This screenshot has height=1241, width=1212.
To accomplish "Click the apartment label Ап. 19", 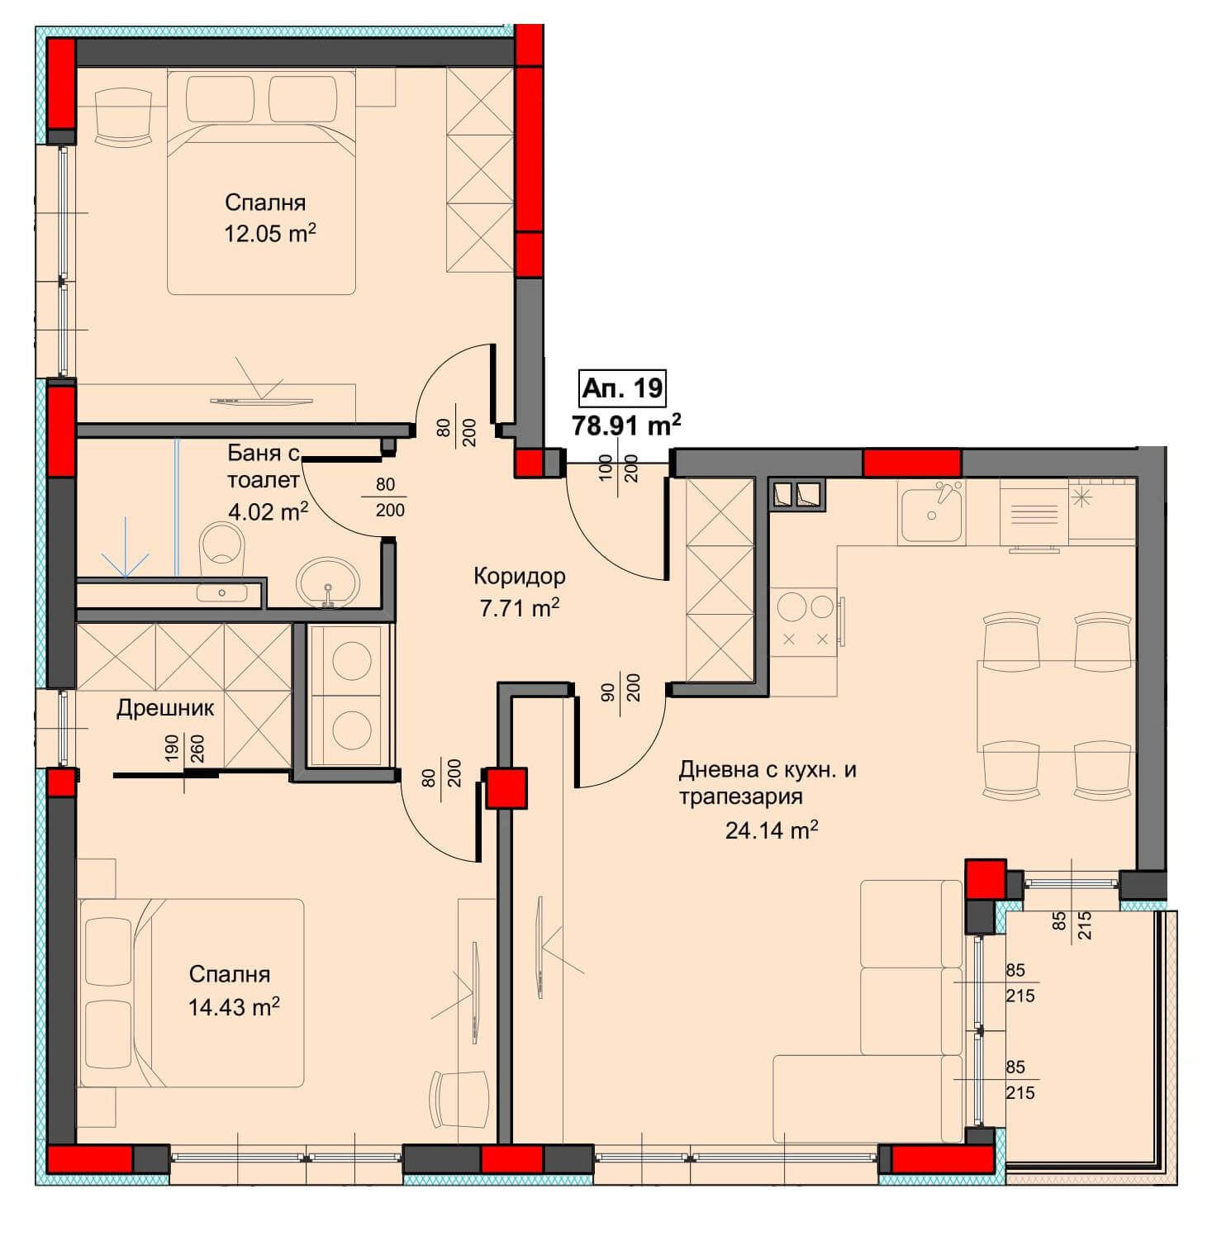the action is pyautogui.click(x=622, y=387).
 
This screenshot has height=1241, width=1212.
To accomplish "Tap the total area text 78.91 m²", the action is pyautogui.click(x=627, y=425).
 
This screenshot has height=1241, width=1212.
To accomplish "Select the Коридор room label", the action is pyautogui.click(x=520, y=575).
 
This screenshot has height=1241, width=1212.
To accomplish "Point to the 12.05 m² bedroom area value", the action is pyautogui.click(x=270, y=233).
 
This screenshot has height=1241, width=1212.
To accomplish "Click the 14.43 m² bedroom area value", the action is pyautogui.click(x=234, y=1006).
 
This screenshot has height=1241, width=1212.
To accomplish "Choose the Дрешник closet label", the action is pyautogui.click(x=165, y=708).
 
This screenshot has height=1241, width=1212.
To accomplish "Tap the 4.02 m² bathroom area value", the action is pyautogui.click(x=268, y=511).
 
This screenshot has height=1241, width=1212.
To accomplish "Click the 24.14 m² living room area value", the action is pyautogui.click(x=772, y=830).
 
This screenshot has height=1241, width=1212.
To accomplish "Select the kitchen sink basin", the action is pyautogui.click(x=932, y=515).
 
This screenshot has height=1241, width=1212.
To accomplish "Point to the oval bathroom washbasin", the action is pyautogui.click(x=328, y=582).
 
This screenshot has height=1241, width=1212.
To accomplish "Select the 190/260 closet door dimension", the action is pyautogui.click(x=184, y=751).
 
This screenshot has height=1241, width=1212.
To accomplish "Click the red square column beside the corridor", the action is pyautogui.click(x=506, y=787).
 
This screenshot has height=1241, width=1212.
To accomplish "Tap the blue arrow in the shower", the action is pyautogui.click(x=126, y=546).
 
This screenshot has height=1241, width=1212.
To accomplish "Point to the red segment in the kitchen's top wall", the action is pyautogui.click(x=912, y=463).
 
